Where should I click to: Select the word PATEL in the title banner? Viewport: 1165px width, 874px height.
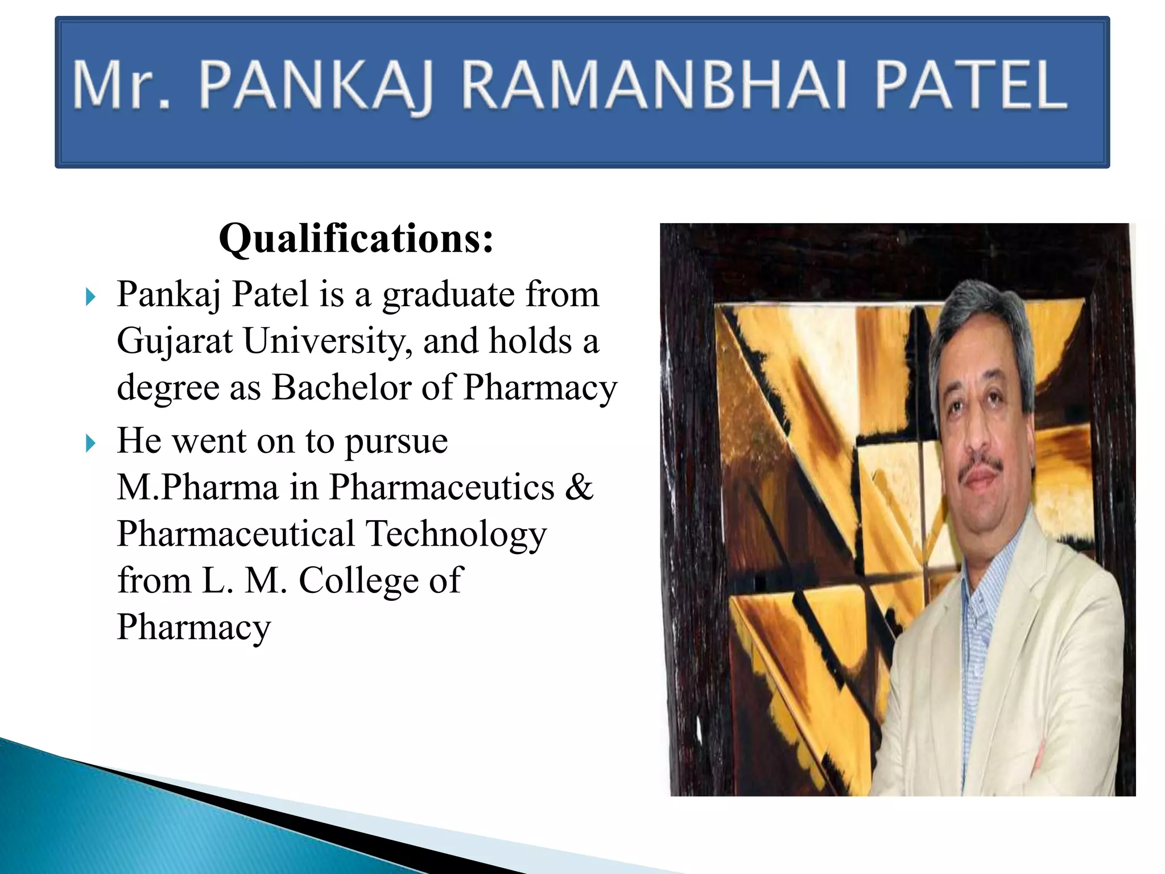pos(970,85)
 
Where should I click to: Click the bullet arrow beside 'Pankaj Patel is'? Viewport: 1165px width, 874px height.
pos(90,296)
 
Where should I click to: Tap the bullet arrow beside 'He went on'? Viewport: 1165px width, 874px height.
pos(90,443)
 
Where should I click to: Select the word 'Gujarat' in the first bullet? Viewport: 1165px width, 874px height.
pos(175,341)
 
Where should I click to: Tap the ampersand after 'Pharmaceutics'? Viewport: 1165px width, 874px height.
pos(579,488)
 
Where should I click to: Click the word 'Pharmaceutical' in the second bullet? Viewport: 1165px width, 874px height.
pos(236,535)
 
